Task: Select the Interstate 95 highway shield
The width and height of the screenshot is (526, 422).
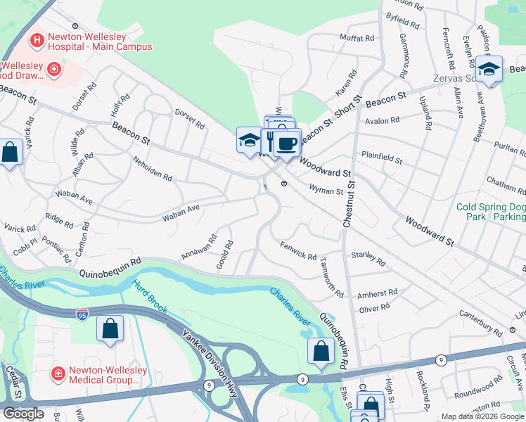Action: pos(82,313)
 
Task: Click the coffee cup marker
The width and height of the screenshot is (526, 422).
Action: pos(286,143)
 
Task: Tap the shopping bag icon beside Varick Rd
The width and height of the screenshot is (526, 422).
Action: pos(10,153)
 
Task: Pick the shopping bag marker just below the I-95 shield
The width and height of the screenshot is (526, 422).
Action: pos(110,328)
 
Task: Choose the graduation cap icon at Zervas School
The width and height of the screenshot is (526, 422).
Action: pos(489,69)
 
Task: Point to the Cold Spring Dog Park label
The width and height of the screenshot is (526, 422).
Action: pos(491,212)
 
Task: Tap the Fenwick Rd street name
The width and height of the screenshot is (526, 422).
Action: pos(298,252)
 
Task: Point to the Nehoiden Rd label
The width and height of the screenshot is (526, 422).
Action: pos(153,169)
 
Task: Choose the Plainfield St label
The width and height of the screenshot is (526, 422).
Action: pos(381,157)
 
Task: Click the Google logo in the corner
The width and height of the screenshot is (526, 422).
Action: pos(23,414)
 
